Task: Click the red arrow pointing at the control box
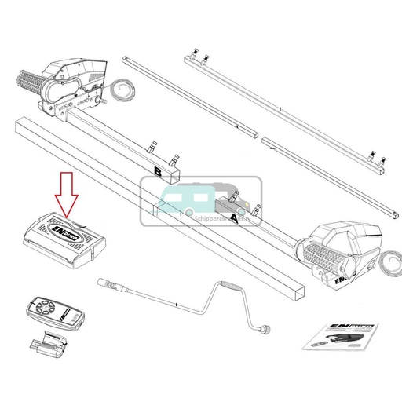click(65, 196)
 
